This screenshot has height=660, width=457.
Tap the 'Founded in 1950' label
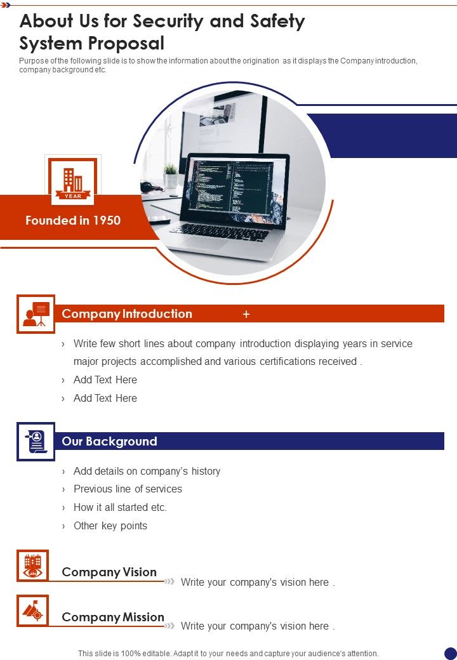coord(73,221)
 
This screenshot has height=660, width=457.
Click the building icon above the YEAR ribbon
coord(73,180)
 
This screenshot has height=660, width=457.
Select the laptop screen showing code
coord(233,187)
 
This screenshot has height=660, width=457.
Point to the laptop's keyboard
coord(222,232)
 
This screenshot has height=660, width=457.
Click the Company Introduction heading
coord(127,314)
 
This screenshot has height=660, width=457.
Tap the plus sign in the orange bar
coord(246,314)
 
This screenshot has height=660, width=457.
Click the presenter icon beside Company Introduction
coord(36,314)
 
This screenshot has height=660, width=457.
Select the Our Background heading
coord(109,442)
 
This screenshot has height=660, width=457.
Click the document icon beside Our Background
coord(36,442)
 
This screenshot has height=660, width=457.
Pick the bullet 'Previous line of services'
coord(128,489)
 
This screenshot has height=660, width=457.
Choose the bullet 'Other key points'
coord(110,525)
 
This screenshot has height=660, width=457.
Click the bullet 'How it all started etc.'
coord(120,507)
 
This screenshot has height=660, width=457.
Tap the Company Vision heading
coord(109,572)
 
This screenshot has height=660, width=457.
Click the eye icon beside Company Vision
coord(32,565)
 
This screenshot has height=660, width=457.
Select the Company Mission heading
coord(113,617)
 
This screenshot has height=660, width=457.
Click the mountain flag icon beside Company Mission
coord(32,610)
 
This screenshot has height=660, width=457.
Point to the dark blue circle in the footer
coord(450,653)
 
